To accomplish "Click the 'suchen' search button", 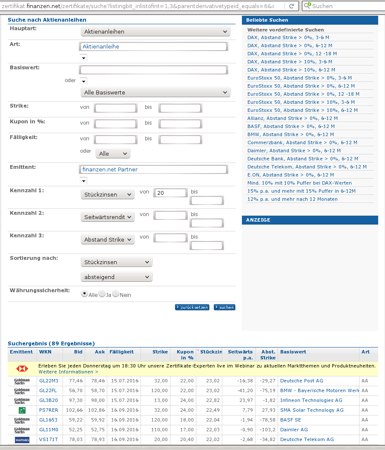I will [x=224, y=307].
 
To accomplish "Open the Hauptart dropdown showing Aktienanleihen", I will [x=155, y=31].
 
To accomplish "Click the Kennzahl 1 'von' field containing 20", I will [x=170, y=193].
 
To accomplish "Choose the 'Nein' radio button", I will [x=115, y=294].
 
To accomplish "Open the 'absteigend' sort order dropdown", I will [x=116, y=277].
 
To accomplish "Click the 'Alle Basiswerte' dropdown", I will [x=155, y=92].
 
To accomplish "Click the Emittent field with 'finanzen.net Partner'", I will [x=153, y=169].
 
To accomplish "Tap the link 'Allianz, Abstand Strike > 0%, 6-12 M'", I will [x=292, y=118].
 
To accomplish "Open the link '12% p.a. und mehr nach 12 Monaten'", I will [x=292, y=199].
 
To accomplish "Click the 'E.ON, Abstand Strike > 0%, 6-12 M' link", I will [x=290, y=175].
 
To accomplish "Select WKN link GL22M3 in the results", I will [x=48, y=381].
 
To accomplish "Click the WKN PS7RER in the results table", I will [x=48, y=410].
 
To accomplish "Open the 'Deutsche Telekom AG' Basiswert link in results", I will [x=307, y=439].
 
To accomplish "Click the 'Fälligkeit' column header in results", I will [x=121, y=352].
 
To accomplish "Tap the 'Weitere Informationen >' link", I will [x=62, y=372].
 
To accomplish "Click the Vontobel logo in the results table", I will [x=22, y=439].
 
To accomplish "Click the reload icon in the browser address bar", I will [x=292, y=6].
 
